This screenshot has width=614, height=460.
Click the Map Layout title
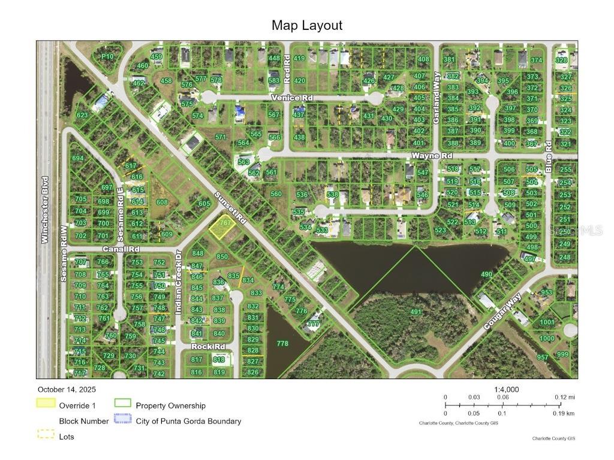point(306,25)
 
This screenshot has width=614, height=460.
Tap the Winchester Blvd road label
point(44,209)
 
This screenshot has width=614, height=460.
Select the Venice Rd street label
point(292,98)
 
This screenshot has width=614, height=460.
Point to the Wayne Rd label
point(426,156)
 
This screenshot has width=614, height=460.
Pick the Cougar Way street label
point(504,309)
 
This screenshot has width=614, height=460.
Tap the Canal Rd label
point(121,249)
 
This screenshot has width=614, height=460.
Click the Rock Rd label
point(208,347)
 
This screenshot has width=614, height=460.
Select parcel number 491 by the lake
point(416,312)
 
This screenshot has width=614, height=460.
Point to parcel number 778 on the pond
point(282,343)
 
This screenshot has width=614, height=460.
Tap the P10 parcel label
point(107,56)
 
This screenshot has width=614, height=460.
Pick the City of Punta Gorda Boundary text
point(188,421)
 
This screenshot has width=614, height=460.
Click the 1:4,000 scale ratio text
point(507,389)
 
